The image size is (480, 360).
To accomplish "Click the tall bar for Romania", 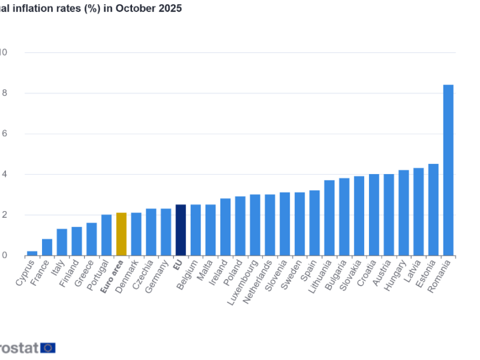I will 448,170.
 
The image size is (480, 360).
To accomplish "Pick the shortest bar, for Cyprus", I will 32,253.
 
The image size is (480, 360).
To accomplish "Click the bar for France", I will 47,247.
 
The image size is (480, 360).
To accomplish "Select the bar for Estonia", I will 433,209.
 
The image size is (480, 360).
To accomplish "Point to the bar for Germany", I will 166,232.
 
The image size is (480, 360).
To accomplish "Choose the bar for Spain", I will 314,223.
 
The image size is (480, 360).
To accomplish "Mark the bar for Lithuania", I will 329,218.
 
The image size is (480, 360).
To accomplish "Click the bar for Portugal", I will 106,235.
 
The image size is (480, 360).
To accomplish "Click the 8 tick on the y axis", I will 4,93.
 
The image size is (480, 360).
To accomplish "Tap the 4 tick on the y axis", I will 4,174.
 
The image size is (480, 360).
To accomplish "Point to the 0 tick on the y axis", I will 4,256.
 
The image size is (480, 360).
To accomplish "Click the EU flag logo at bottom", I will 48,347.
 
